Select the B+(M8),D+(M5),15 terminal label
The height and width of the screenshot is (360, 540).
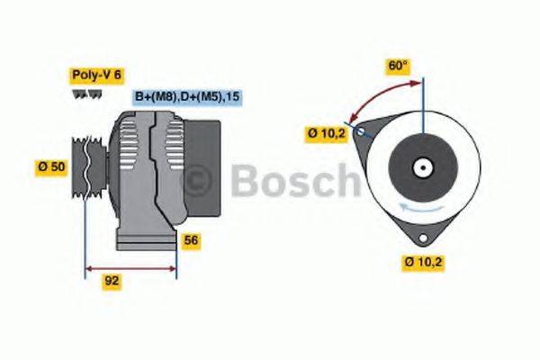point(188,96)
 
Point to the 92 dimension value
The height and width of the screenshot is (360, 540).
point(112,281)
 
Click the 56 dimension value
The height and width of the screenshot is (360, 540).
point(191,240)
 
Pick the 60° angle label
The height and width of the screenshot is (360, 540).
point(398,66)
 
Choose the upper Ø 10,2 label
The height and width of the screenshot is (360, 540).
point(326,134)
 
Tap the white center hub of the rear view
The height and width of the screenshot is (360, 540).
point(421,167)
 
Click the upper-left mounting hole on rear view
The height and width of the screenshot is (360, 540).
point(362,133)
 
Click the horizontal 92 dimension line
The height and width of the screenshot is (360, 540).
point(130,267)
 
